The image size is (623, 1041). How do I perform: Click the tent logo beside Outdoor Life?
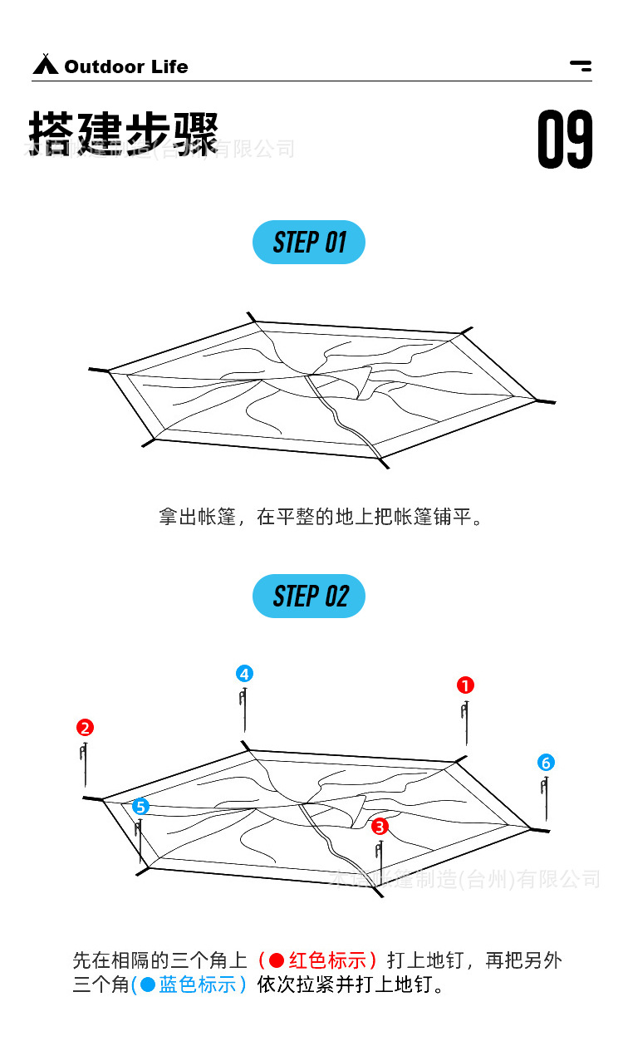tap(45, 65)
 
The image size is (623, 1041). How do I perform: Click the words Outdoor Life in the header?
tap(126, 66)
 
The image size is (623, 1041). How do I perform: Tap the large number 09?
tap(565, 140)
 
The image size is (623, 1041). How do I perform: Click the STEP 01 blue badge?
tap(309, 243)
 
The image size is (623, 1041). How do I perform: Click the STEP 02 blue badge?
tap(309, 597)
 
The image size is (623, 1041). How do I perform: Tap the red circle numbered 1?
tap(465, 685)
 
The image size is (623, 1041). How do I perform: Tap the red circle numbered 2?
tap(85, 728)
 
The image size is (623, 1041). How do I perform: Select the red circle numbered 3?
tap(380, 826)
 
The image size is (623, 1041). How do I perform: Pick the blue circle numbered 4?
tap(244, 674)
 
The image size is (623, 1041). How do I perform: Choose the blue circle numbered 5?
tap(140, 807)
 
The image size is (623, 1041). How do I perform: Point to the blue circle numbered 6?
tap(546, 763)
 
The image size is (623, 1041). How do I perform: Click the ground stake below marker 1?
tap(465, 723)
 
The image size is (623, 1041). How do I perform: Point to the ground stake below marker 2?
tap(85, 764)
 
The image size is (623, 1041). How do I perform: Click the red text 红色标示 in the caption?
tap(328, 961)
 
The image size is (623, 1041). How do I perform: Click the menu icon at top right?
tap(581, 66)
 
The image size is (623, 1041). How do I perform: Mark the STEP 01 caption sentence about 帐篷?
tap(321, 518)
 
